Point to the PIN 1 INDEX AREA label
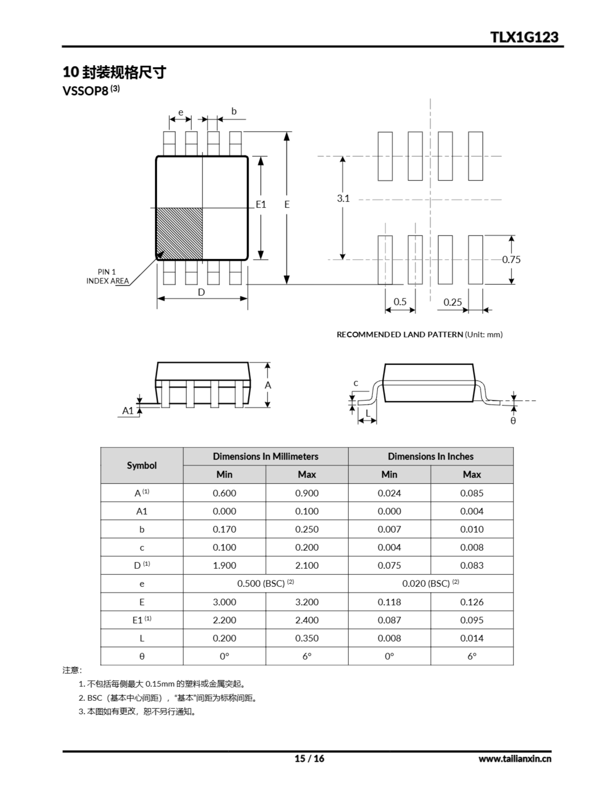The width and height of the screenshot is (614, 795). click(107, 276)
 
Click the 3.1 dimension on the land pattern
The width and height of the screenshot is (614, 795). click(343, 198)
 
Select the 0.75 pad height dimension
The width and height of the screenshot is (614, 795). click(511, 260)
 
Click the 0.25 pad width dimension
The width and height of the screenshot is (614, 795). click(452, 302)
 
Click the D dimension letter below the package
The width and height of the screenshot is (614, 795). click(201, 292)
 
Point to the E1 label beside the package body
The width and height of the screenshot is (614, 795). click(261, 205)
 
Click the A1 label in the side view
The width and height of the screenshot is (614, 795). click(128, 411)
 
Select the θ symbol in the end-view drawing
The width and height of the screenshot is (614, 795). click(513, 421)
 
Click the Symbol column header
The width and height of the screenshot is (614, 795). click(142, 465)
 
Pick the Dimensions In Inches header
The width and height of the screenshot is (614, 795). click(430, 456)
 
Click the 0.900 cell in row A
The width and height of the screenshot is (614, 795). click(306, 493)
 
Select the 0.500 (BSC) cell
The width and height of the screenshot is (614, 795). click(265, 584)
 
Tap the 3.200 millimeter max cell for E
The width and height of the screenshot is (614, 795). click(306, 602)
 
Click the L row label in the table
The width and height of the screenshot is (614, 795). click(142, 638)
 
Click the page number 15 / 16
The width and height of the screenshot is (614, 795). click(309, 758)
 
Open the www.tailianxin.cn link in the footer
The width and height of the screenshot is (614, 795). click(515, 759)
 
